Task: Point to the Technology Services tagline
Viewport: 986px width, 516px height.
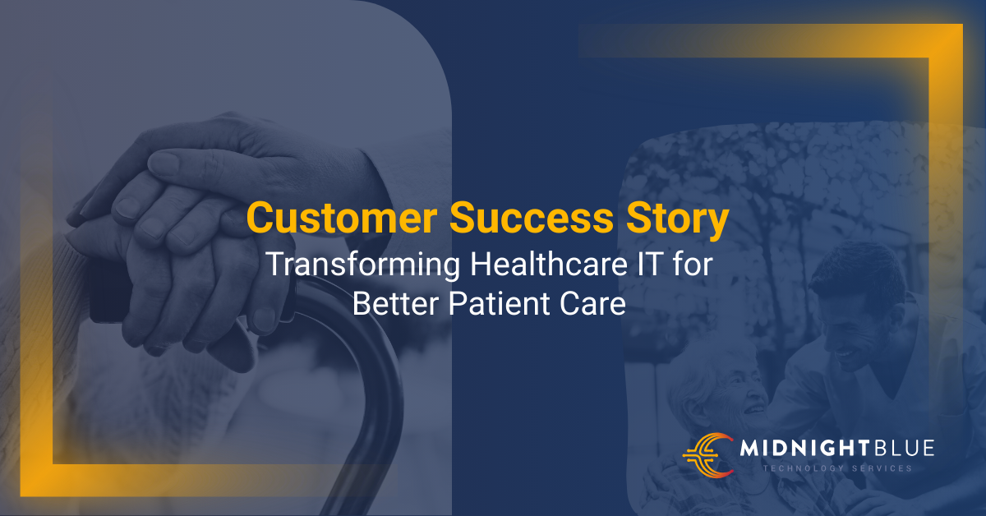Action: tap(838, 469)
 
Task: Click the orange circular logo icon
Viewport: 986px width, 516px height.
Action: tap(707, 453)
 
